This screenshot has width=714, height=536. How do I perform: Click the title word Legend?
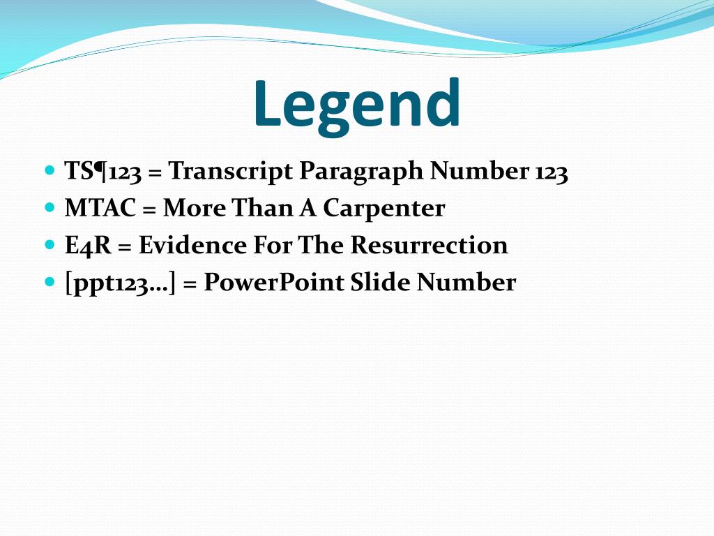pos(356,105)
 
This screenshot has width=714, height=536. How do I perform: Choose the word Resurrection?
pos(429,246)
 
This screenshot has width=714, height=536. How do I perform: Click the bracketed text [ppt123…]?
pos(119,283)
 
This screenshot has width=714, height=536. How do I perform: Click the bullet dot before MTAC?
pos(49,207)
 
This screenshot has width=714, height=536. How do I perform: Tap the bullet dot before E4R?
pos(49,245)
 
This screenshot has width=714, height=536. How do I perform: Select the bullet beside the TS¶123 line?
pos(49,170)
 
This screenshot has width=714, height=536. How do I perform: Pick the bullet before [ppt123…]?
pos(49,282)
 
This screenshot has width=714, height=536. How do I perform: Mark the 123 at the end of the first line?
pos(552,172)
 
